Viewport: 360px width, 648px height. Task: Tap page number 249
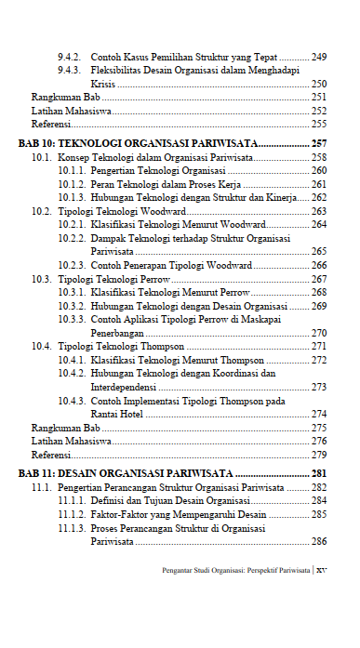[x=319, y=57]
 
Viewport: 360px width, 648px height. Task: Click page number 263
[x=319, y=211]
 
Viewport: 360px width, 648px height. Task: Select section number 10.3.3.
[x=72, y=319]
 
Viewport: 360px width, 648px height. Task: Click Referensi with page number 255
[x=51, y=124]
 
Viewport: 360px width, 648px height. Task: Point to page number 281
[x=318, y=473]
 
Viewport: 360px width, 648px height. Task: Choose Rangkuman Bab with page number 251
[x=66, y=97]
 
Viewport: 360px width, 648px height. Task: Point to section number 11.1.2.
[x=72, y=514]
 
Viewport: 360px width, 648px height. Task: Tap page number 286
[x=319, y=541]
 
